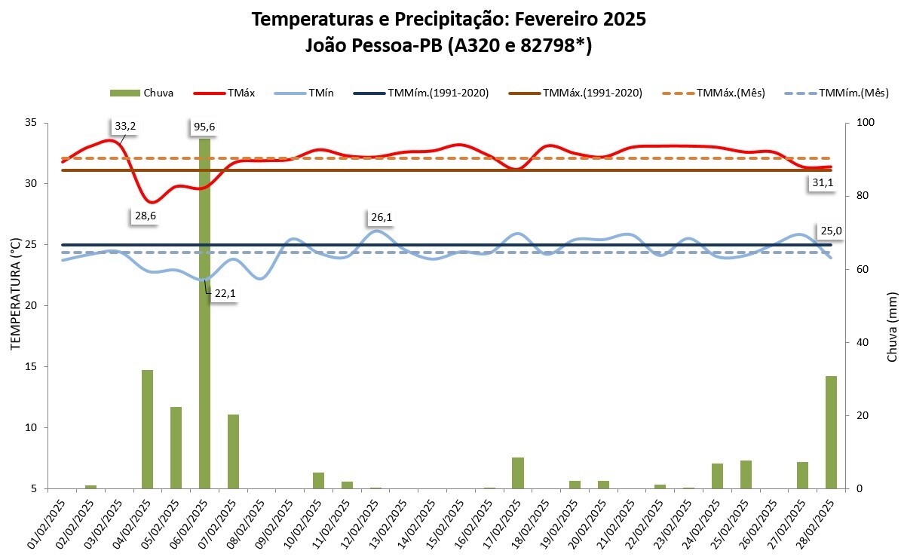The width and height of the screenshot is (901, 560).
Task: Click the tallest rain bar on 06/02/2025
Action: tap(204, 317)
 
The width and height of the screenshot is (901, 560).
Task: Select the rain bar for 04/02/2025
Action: tap(148, 430)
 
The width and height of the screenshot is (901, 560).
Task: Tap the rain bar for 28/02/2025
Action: tap(831, 433)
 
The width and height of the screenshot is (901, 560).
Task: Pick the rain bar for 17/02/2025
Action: tap(518, 473)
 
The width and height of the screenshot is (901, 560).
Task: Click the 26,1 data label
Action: tap(382, 218)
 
